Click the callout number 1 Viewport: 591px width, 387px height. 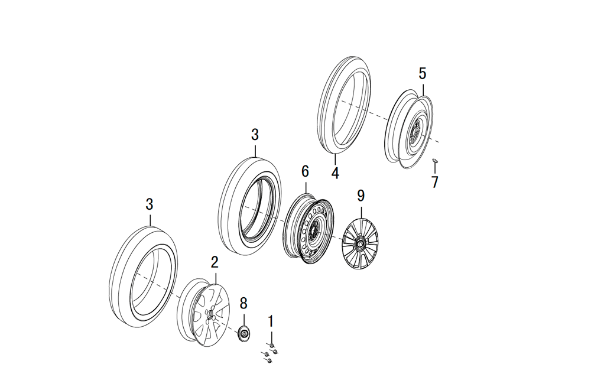tap(271, 321)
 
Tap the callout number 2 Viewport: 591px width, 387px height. tap(215, 262)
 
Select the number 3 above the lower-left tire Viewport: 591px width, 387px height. tap(150, 204)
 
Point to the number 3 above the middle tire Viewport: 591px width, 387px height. tap(255, 135)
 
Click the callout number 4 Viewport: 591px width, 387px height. tap(335, 174)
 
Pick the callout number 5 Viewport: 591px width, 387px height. tap(422, 74)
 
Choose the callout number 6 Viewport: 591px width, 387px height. tap(305, 171)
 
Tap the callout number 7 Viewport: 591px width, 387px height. tap(435, 182)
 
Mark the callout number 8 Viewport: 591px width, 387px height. tap(243, 303)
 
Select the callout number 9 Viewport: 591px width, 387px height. tap(361, 196)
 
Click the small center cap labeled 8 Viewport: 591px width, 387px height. tap(243, 334)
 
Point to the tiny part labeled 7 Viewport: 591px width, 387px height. tap(435, 160)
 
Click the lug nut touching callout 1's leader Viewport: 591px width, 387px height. tap(271, 344)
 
